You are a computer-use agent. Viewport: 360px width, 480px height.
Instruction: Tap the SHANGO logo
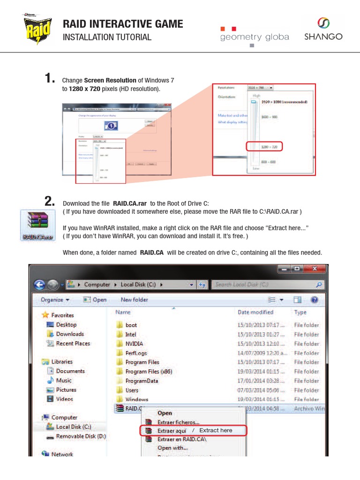pyautogui.click(x=323, y=29)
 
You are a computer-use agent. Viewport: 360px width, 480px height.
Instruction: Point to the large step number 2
pyautogui.click(x=50, y=202)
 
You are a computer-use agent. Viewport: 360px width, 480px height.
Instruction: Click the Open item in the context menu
pyautogui.click(x=165, y=413)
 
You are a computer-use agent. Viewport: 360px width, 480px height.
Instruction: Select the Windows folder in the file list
pyautogui.click(x=136, y=399)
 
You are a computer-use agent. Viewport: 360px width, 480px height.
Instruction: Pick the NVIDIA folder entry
pyautogui.click(x=134, y=344)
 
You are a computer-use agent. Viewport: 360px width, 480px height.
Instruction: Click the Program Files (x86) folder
pyautogui.click(x=149, y=371)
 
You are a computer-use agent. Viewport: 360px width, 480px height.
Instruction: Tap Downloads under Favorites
pyautogui.click(x=70, y=334)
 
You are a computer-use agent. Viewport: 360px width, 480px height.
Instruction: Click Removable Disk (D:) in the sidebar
pyautogui.click(x=81, y=436)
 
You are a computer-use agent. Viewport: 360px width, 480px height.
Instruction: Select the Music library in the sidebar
pyautogui.click(x=64, y=380)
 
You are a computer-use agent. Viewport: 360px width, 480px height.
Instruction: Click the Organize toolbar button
pyautogui.click(x=55, y=300)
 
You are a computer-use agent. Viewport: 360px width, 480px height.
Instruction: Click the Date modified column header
pyautogui.click(x=255, y=312)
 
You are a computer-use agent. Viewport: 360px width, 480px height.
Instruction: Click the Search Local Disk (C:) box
pyautogui.click(x=267, y=285)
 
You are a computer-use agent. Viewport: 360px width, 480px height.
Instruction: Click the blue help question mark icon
pyautogui.click(x=314, y=300)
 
